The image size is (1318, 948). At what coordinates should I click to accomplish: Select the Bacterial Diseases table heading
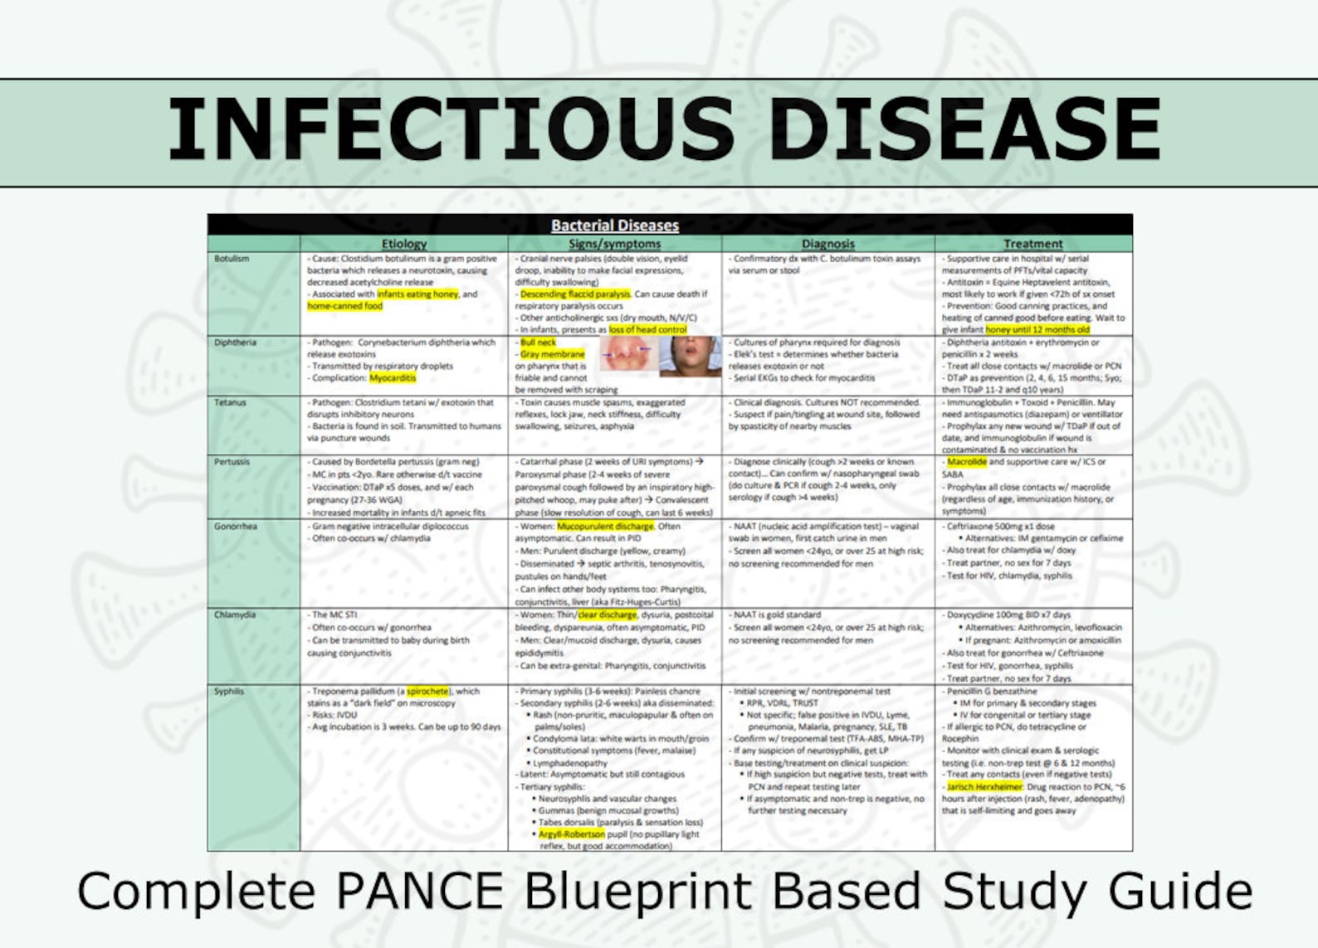614,225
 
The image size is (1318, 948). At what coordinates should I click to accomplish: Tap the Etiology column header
403,244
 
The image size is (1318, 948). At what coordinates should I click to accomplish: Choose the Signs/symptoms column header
614,244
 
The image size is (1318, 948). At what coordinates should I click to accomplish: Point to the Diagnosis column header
827,244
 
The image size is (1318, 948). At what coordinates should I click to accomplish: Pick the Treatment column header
1032,244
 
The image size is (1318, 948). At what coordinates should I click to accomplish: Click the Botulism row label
232,259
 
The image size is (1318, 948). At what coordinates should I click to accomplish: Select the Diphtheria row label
235,343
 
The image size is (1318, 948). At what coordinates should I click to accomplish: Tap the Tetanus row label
231,402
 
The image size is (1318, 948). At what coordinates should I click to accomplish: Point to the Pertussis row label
232,462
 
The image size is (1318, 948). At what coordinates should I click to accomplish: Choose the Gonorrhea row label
236,527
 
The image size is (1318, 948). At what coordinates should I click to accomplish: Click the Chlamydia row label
235,615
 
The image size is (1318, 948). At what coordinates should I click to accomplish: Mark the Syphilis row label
229,691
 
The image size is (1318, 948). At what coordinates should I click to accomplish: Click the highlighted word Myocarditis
393,378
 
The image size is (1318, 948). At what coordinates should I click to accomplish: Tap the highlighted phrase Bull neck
538,343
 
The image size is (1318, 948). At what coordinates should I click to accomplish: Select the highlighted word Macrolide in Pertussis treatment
966,462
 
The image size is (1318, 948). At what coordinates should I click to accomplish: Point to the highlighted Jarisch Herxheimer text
984,786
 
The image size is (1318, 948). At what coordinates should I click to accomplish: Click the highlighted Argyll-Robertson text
571,834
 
